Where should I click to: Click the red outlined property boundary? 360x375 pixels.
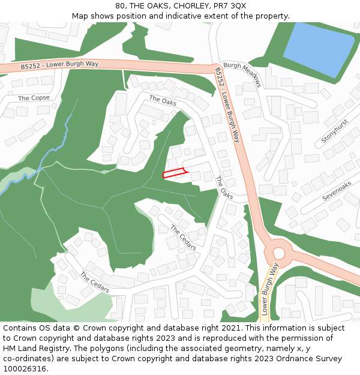click(175, 174)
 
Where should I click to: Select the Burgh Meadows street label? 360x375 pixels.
click(242, 74)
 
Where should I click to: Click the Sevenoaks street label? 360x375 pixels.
click(337, 191)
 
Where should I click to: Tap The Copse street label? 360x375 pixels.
click(34, 98)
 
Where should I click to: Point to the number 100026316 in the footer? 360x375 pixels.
click(25, 369)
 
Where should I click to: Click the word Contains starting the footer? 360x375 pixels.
click(21, 328)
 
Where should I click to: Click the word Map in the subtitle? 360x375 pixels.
click(80, 16)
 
